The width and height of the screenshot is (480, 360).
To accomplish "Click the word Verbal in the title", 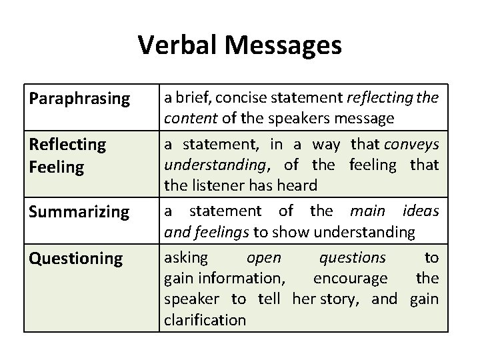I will tap(178, 45).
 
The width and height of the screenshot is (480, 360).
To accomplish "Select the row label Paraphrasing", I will tap(79, 99).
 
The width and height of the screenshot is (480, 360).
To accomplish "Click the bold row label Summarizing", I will tap(79, 213).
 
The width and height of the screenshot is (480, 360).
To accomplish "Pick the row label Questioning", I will tap(75, 259).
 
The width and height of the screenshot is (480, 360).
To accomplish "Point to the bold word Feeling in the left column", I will tap(57, 167).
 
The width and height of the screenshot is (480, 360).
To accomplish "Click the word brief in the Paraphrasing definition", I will tap(193, 98).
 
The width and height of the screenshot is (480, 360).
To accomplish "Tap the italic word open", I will tap(263, 257).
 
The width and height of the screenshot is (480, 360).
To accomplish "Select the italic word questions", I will tap(352, 257).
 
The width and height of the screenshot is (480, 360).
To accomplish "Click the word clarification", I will tap(204, 320).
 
